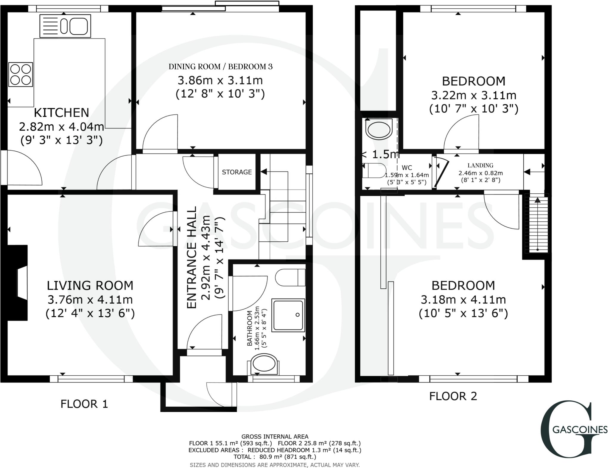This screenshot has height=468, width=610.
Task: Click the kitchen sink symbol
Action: (65, 26)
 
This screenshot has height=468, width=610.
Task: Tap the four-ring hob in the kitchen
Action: (20, 74)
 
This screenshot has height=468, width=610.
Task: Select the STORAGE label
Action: (237, 172)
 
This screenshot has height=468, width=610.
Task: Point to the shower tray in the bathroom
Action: (288, 315)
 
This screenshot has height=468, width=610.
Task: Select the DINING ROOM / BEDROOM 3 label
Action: (220, 67)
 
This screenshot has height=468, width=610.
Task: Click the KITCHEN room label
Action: (61, 113)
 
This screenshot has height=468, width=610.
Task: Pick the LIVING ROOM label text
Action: (90, 285)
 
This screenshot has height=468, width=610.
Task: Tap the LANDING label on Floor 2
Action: (480, 165)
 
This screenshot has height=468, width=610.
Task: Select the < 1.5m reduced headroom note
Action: (380, 154)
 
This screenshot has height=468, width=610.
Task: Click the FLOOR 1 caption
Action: (84, 404)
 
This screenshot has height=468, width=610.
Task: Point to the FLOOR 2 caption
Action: (453, 396)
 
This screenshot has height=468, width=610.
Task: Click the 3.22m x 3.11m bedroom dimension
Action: (474, 95)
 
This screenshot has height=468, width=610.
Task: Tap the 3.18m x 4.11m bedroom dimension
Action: (463, 299)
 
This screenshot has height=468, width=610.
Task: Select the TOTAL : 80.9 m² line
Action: (275, 457)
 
